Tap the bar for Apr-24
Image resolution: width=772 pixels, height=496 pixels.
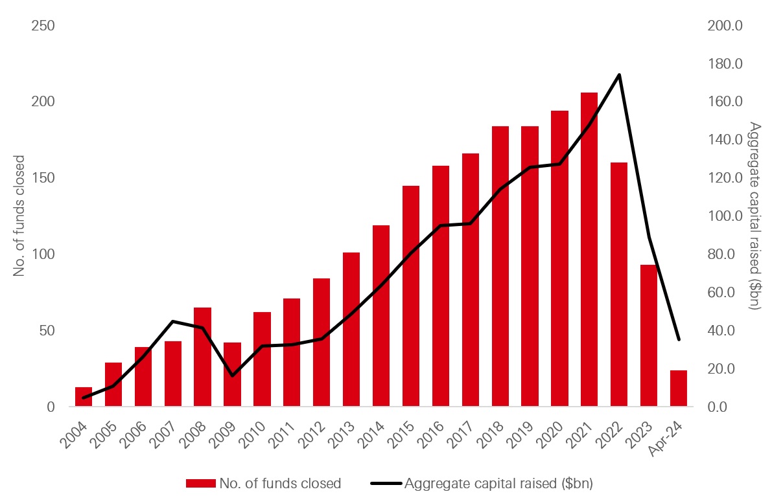[x=678, y=389]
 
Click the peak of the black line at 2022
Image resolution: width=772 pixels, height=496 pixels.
[x=619, y=75]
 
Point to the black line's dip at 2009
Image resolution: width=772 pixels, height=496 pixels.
[x=232, y=376]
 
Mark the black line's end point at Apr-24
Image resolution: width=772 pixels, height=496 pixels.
[x=679, y=339]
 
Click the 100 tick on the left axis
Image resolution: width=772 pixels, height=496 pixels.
[x=42, y=254]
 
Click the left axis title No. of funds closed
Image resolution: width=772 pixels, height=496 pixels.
[x=19, y=216]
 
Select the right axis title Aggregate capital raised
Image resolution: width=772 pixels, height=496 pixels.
[x=754, y=216]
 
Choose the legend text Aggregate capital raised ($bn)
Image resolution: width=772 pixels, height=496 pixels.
[x=498, y=483]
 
